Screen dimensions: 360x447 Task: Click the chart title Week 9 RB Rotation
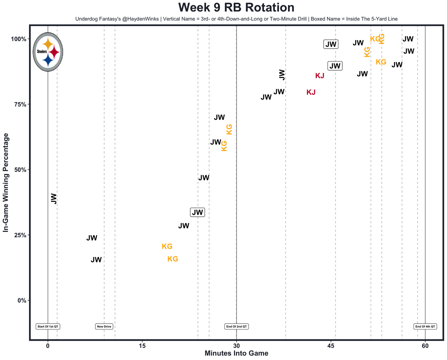click(x=236, y=8)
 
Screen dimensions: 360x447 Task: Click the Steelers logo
click(x=48, y=52)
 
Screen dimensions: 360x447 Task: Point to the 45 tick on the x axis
click(x=331, y=346)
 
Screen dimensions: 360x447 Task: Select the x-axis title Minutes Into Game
click(x=236, y=353)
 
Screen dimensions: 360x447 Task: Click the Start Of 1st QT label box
click(x=48, y=326)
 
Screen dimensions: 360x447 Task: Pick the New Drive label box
click(x=104, y=326)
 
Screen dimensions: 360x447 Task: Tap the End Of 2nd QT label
click(x=236, y=326)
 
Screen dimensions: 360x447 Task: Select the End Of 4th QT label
click(x=425, y=326)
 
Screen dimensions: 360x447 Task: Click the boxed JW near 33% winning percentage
click(x=197, y=212)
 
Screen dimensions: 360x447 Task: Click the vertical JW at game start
click(x=53, y=199)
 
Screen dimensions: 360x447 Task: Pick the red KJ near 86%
click(x=320, y=76)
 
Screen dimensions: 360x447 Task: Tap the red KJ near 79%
click(x=311, y=92)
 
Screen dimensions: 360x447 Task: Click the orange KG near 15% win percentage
click(x=173, y=259)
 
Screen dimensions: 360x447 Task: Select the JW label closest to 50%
click(x=204, y=178)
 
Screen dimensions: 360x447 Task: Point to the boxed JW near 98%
click(x=331, y=44)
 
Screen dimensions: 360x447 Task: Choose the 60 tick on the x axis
click(x=425, y=346)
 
